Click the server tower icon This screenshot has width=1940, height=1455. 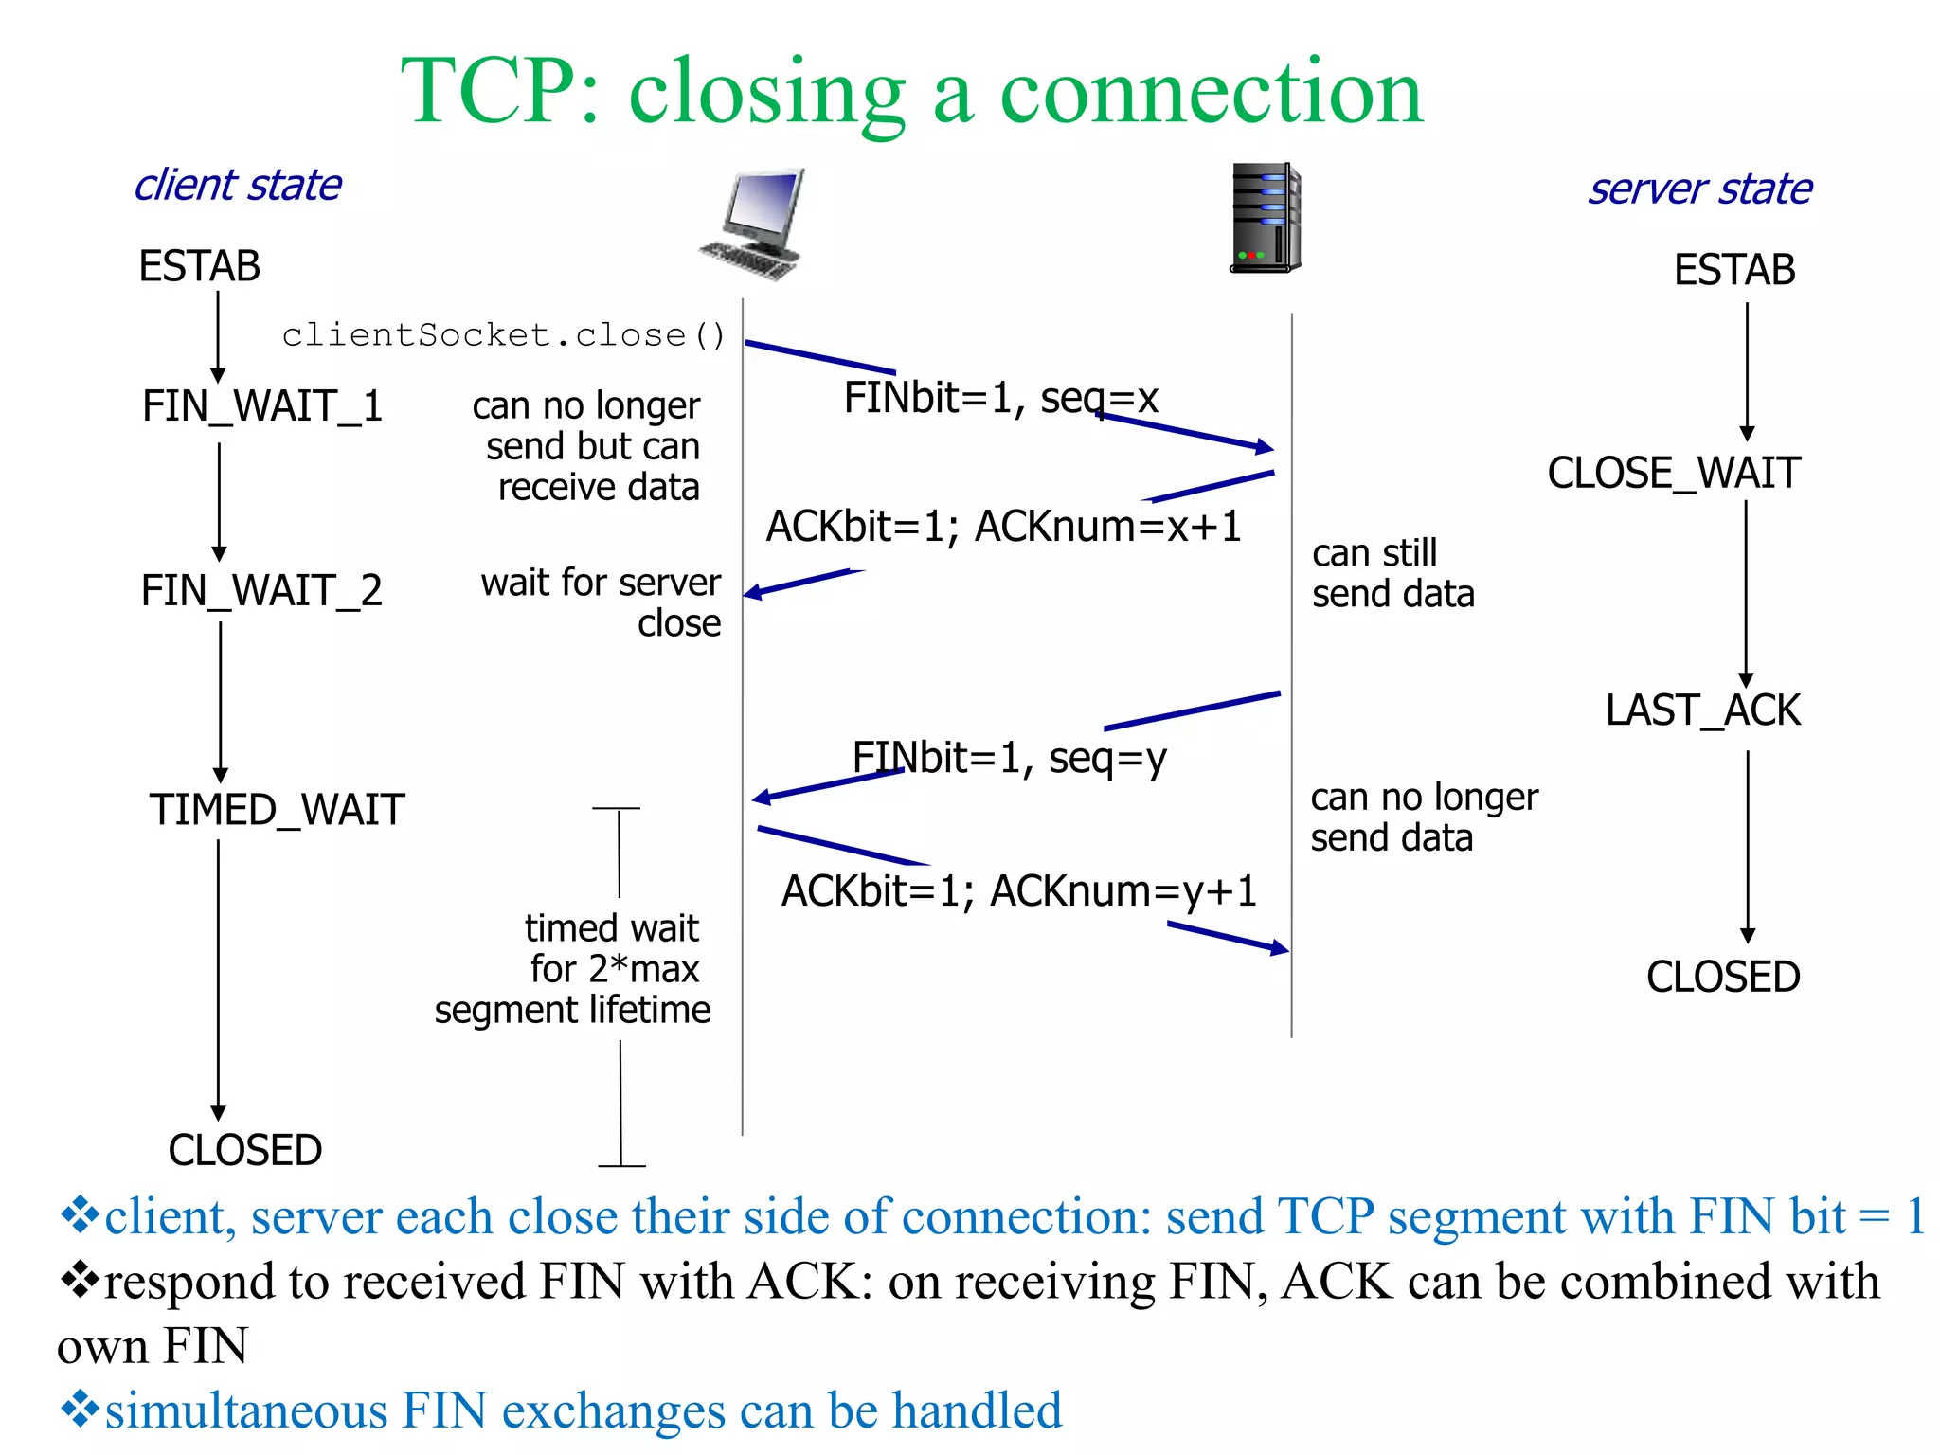[x=1266, y=218]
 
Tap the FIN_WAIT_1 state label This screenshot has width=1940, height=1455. [x=262, y=406]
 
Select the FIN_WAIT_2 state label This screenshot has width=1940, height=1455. [x=261, y=591]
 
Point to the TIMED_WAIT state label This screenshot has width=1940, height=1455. [x=277, y=811]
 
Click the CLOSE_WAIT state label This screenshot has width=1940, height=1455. [x=1674, y=473]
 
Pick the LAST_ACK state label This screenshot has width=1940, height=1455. [x=1702, y=710]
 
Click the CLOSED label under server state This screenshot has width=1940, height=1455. [x=1722, y=977]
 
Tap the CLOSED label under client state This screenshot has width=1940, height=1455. [x=245, y=1150]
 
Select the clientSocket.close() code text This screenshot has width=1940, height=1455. [x=504, y=335]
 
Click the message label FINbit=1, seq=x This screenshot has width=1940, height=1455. [x=1000, y=398]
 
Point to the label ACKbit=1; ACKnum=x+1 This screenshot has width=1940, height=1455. [x=1003, y=527]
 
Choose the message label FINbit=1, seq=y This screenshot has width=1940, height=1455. [x=1009, y=758]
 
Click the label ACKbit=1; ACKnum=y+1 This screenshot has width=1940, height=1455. [x=1018, y=891]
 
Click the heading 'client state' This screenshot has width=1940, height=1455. [x=238, y=185]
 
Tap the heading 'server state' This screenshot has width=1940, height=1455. [x=1699, y=189]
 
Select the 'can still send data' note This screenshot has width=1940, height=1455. [x=1392, y=573]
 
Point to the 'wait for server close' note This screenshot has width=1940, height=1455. [x=603, y=602]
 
